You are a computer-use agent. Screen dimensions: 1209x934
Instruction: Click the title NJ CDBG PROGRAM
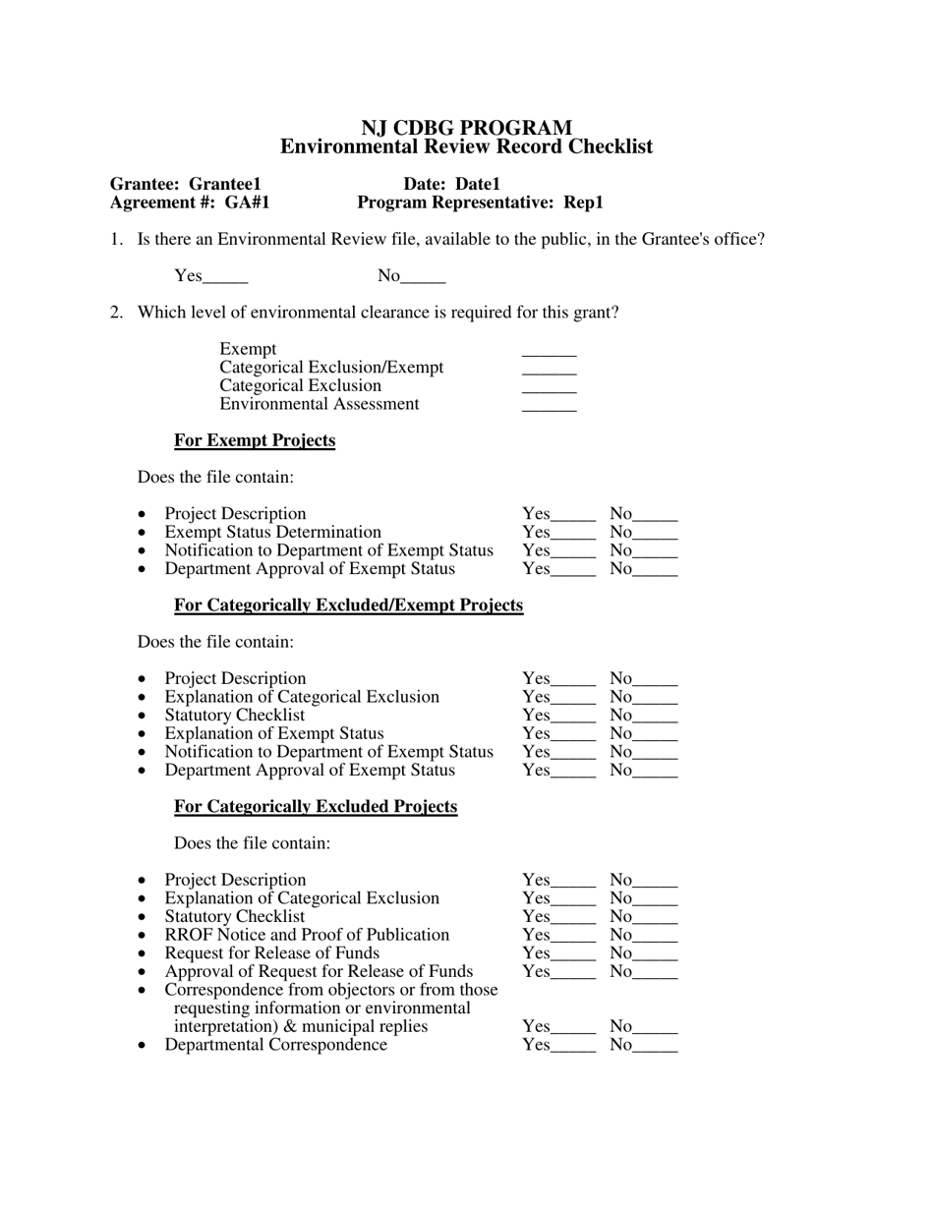(x=466, y=128)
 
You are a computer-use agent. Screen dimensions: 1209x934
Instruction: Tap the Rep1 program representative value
(x=583, y=202)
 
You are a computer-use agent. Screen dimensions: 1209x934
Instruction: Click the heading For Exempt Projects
(x=255, y=440)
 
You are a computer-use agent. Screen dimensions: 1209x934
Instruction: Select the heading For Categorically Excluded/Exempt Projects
(x=348, y=605)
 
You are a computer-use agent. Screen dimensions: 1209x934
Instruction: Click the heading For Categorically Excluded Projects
(x=316, y=807)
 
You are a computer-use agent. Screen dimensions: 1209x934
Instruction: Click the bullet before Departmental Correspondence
(x=143, y=1046)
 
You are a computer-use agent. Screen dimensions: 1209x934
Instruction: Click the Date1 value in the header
(x=478, y=184)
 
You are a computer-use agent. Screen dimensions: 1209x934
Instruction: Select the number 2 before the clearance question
(x=116, y=313)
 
